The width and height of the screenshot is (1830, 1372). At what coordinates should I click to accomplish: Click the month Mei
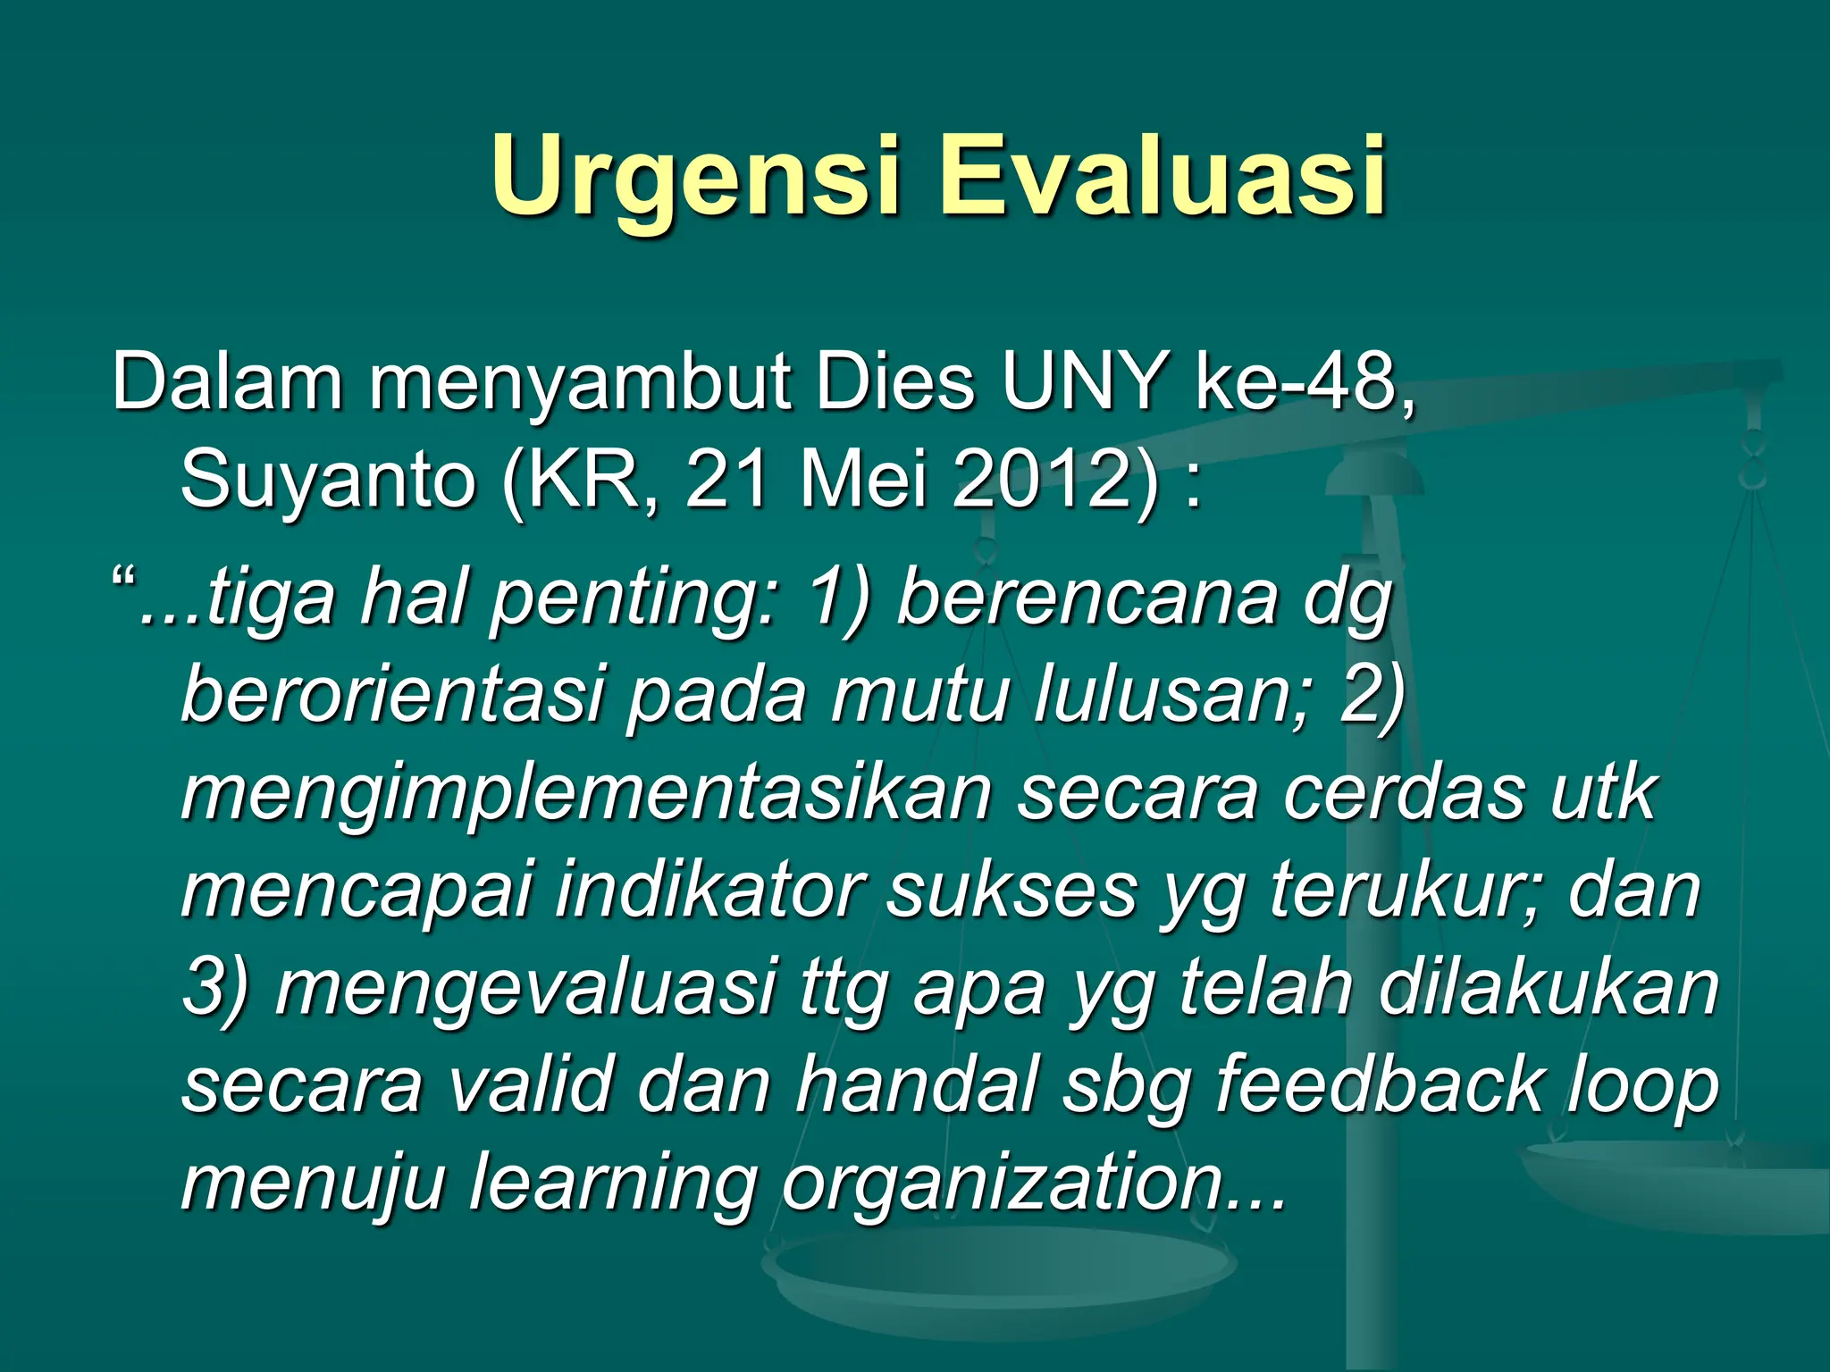point(863,481)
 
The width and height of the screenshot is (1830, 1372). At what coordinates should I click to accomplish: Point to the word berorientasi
point(394,696)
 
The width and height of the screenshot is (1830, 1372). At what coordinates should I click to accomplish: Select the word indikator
point(709,891)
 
